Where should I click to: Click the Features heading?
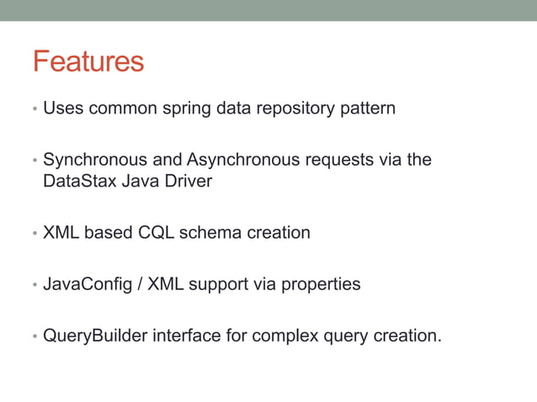coord(88,61)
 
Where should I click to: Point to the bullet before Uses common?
coord(35,110)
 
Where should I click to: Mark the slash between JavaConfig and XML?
coord(140,284)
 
